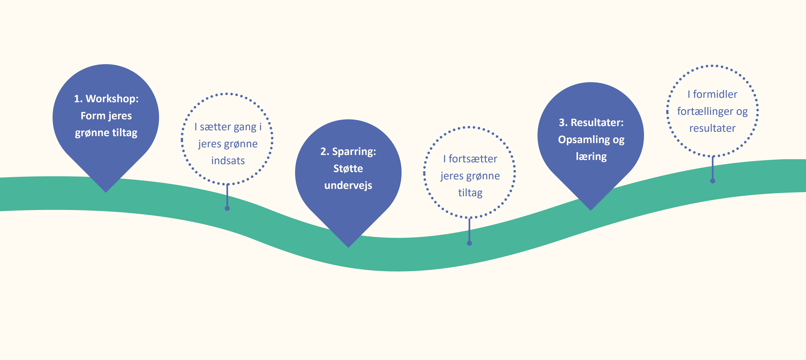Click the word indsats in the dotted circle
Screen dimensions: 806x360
pos(228,161)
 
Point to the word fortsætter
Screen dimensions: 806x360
pos(473,159)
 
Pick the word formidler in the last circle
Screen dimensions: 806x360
pos(715,94)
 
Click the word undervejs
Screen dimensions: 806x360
pos(348,186)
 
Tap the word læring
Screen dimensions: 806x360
pos(591,156)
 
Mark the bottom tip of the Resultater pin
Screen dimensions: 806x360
pos(591,210)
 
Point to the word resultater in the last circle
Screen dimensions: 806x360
pos(712,128)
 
